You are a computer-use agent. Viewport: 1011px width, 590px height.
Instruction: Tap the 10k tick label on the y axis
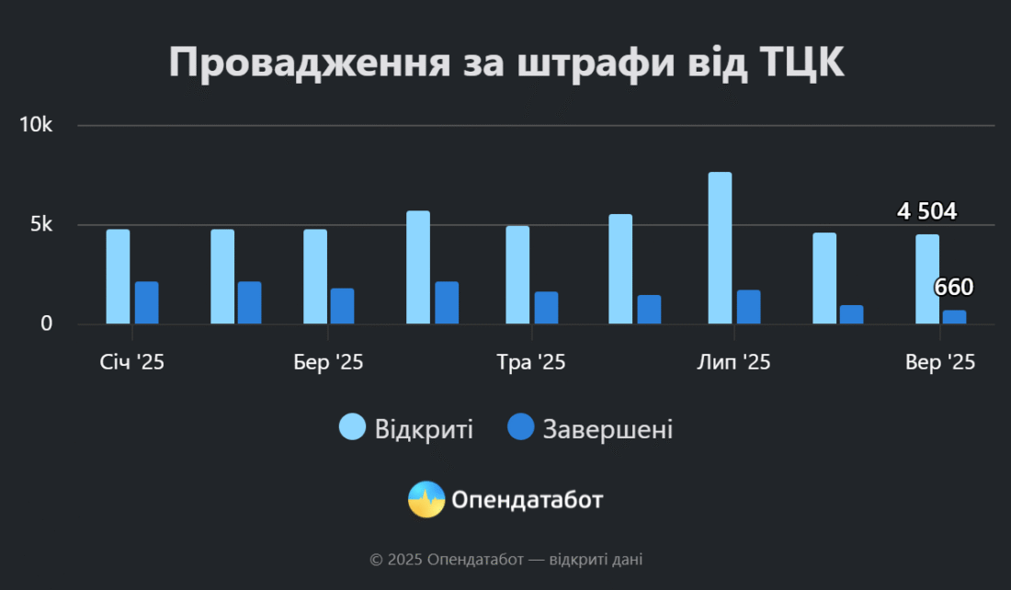(x=38, y=126)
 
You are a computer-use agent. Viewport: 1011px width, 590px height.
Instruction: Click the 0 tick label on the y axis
(x=46, y=324)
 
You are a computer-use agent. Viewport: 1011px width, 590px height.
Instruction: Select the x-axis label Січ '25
(x=132, y=363)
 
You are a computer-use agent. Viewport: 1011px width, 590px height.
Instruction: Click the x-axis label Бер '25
(x=328, y=363)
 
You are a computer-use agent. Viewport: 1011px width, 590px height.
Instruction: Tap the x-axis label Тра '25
(x=530, y=363)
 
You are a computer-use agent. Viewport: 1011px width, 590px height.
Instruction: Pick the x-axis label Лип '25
(x=733, y=363)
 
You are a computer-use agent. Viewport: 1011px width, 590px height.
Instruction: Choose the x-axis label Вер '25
(x=939, y=363)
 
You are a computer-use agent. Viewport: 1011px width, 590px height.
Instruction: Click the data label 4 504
(x=926, y=212)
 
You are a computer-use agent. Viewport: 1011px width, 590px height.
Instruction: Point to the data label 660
(x=953, y=288)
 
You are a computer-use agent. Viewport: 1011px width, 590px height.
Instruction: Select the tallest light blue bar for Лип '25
(x=720, y=248)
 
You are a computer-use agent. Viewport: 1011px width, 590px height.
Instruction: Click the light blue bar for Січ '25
(x=118, y=277)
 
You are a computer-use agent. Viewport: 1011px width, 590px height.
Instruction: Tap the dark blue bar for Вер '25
(x=954, y=317)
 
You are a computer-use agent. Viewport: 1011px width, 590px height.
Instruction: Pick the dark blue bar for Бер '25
(x=342, y=306)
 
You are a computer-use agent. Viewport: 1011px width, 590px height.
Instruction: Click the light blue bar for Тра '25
(x=517, y=275)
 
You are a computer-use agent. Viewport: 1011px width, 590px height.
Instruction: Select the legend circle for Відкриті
(x=352, y=426)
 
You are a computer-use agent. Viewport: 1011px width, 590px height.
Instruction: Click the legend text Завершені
(x=608, y=428)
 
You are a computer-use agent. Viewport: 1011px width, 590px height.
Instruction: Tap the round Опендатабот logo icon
(x=426, y=499)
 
